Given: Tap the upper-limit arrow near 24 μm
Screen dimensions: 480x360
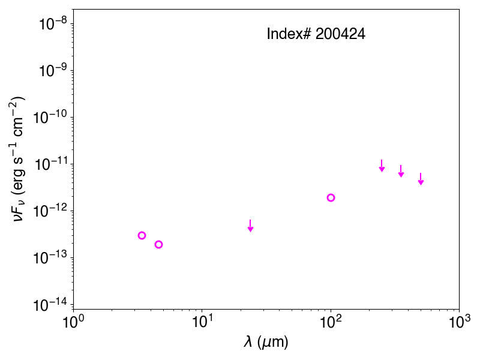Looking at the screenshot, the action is (250, 226).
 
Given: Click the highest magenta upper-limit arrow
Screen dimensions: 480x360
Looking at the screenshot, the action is (382, 166).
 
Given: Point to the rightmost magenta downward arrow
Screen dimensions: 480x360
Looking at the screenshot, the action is (421, 179).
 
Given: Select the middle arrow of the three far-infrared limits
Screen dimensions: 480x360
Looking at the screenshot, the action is (401, 171).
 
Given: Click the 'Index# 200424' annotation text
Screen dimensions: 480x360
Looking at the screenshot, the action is (316, 34).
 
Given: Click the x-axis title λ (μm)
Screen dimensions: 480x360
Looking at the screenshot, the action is (266, 342).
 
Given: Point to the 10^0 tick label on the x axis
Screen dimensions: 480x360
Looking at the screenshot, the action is (73, 322).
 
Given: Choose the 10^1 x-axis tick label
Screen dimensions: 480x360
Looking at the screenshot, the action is (202, 322).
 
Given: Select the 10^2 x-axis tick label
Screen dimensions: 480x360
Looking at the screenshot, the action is (331, 322).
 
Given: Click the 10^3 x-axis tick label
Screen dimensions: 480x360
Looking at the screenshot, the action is (459, 322).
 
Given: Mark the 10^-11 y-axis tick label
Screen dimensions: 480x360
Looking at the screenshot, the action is (50, 164).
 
